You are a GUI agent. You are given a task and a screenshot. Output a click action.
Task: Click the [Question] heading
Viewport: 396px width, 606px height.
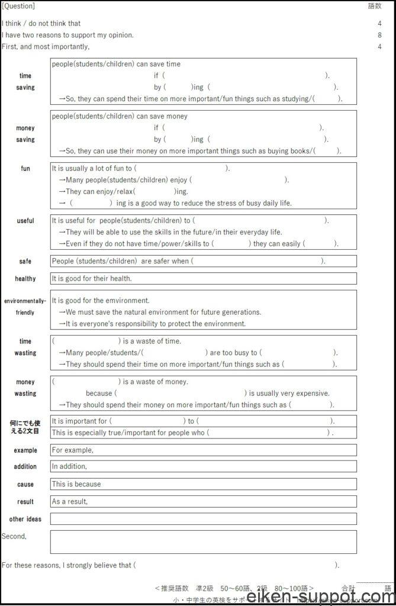click(x=18, y=7)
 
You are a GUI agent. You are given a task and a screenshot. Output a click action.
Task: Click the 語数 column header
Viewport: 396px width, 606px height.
click(x=375, y=7)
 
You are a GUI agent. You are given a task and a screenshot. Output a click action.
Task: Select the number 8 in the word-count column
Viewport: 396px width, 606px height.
click(x=379, y=35)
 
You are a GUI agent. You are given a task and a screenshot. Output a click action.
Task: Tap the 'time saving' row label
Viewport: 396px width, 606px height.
click(x=25, y=82)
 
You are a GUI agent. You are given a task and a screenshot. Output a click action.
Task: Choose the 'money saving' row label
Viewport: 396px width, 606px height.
click(x=25, y=134)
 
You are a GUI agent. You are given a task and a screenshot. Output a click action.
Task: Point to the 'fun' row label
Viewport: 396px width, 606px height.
click(x=25, y=169)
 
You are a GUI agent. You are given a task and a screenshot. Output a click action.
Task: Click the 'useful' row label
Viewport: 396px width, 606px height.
click(x=25, y=221)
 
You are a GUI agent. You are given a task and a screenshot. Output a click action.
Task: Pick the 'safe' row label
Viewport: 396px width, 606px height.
click(x=25, y=261)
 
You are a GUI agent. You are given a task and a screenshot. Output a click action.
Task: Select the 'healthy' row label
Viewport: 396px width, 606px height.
click(x=25, y=279)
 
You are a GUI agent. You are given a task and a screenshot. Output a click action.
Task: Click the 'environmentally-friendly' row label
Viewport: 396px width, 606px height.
click(x=25, y=307)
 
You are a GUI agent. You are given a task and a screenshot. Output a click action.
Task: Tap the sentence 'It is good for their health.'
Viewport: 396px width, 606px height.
click(x=92, y=279)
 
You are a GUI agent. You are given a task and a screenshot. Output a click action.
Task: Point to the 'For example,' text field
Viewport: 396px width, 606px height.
click(x=203, y=450)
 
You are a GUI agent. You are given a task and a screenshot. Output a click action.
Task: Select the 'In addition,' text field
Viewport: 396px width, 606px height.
click(x=203, y=466)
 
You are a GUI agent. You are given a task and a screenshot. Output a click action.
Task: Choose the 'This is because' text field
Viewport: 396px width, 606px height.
click(x=203, y=484)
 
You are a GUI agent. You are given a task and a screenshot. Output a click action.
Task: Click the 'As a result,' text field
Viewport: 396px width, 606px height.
click(x=203, y=502)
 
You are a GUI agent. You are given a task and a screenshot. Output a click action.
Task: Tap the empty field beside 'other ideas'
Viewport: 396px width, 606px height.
click(x=203, y=519)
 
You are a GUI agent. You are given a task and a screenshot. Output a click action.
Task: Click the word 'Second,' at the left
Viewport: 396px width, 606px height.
click(x=14, y=536)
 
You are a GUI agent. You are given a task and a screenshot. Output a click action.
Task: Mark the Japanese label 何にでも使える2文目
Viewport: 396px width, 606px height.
click(x=25, y=427)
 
